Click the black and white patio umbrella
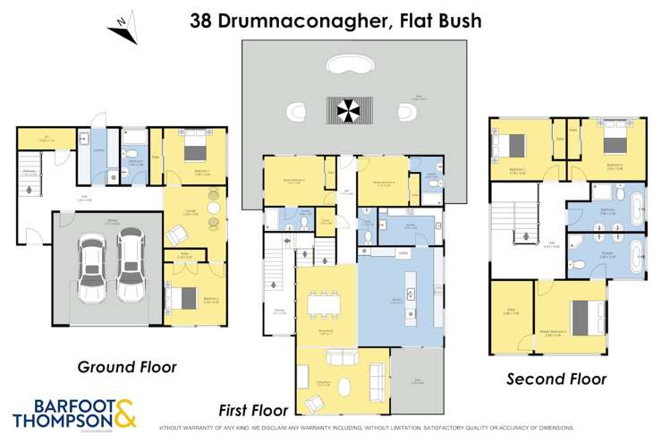click(345, 111)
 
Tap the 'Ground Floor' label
click(127, 366)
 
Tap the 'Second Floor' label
click(556, 379)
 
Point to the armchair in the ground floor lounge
click(177, 234)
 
